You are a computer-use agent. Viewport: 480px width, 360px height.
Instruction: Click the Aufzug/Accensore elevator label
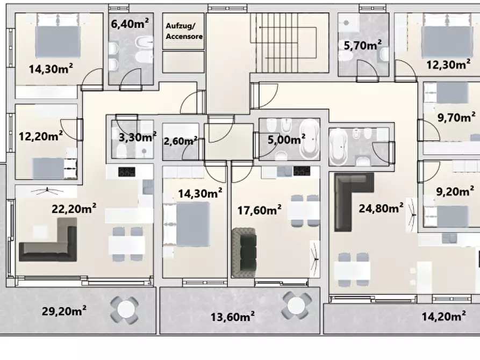pyautogui.click(x=184, y=31)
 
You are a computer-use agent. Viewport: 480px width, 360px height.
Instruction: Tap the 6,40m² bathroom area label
pyautogui.click(x=130, y=23)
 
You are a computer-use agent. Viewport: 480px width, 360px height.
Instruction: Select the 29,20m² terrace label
pyautogui.click(x=64, y=311)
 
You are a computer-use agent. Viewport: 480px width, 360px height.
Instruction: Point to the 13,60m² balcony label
pyautogui.click(x=232, y=316)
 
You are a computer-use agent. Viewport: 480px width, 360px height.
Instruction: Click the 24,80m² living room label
pyautogui.click(x=381, y=208)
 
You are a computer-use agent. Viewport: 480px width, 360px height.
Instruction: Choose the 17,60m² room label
pyautogui.click(x=259, y=210)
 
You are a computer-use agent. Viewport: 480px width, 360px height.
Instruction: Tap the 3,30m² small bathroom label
pyautogui.click(x=138, y=137)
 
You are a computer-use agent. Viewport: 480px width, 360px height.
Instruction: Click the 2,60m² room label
pyautogui.click(x=181, y=141)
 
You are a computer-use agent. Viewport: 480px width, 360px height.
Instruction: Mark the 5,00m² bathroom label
pyautogui.click(x=286, y=139)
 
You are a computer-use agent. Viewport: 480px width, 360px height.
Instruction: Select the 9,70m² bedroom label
pyautogui.click(x=456, y=117)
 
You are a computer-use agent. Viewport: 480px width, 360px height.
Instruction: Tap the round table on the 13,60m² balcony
pyautogui.click(x=296, y=305)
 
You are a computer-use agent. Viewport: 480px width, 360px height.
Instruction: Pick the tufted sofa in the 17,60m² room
pyautogui.click(x=244, y=253)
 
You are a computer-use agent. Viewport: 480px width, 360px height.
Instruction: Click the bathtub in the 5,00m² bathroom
pyautogui.click(x=310, y=139)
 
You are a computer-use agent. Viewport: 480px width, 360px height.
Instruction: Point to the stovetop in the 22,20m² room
pyautogui.click(x=127, y=172)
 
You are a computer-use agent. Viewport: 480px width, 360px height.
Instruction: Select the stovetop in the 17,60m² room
pyautogui.click(x=302, y=171)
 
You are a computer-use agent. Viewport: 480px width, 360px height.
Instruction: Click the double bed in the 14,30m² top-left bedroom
pyautogui.click(x=58, y=36)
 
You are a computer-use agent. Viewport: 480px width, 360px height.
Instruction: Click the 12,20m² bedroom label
pyautogui.click(x=41, y=136)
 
